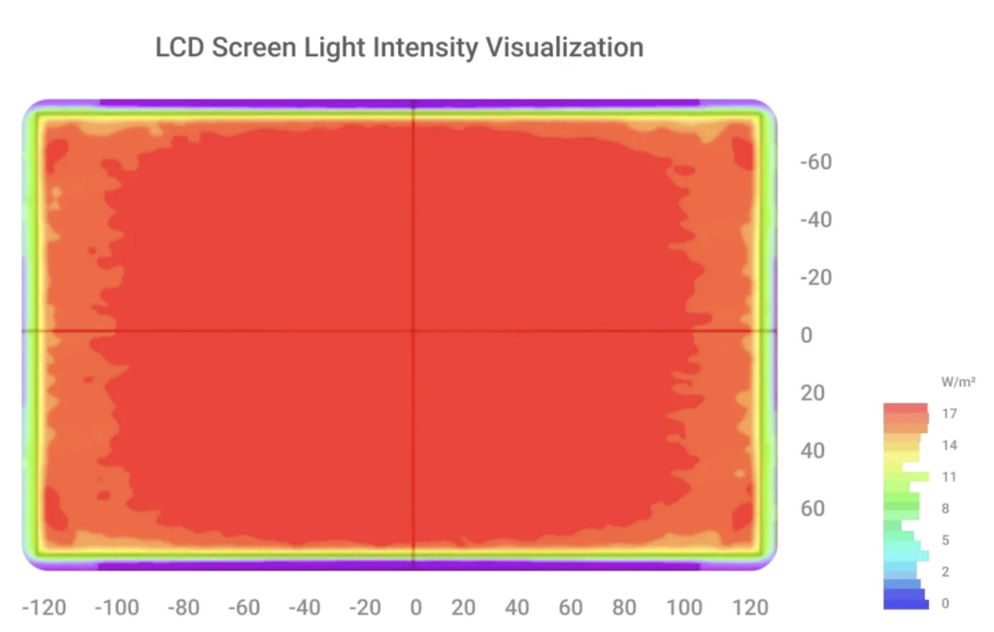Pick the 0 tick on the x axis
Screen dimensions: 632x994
point(415,608)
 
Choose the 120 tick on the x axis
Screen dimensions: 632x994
point(748,608)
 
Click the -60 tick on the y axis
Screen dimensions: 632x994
point(815,162)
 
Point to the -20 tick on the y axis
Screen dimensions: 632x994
point(815,278)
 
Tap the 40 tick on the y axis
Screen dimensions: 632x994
point(812,450)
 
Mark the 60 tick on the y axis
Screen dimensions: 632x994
point(812,509)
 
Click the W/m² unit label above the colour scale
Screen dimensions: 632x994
point(958,382)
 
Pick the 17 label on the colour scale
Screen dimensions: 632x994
point(949,414)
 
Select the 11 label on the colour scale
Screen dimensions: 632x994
point(949,477)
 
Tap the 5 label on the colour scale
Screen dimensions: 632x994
point(945,540)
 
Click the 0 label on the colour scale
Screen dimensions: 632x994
point(945,603)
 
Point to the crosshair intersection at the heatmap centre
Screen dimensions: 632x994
point(414,331)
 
